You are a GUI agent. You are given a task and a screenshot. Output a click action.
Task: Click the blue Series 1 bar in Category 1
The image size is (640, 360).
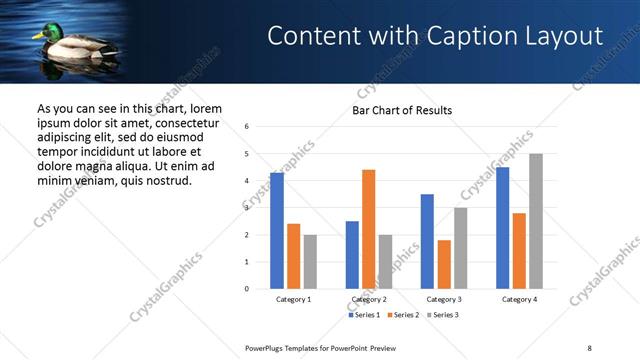pos(277,231)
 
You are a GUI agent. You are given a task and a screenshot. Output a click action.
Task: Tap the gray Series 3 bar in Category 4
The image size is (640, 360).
pos(536,221)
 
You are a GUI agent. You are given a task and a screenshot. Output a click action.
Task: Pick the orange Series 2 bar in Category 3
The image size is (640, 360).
pos(444,264)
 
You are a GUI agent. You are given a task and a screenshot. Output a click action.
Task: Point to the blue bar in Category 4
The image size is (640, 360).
pos(503,228)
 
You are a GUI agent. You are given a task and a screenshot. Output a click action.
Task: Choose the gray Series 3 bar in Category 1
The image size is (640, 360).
pos(310,262)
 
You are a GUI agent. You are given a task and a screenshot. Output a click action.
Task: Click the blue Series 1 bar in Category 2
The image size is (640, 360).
pos(352,255)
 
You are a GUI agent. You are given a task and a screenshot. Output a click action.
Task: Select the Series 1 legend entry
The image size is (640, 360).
pos(363,315)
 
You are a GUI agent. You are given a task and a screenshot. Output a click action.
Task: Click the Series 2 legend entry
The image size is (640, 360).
pos(403,315)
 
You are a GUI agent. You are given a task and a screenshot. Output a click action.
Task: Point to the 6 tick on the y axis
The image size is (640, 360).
pos(247,127)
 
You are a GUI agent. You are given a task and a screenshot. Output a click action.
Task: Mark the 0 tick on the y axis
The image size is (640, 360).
pos(247,289)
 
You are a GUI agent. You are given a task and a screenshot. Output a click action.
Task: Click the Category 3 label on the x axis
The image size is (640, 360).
pos(444,299)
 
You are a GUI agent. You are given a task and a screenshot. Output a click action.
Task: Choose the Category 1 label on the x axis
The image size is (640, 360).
pos(293,299)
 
